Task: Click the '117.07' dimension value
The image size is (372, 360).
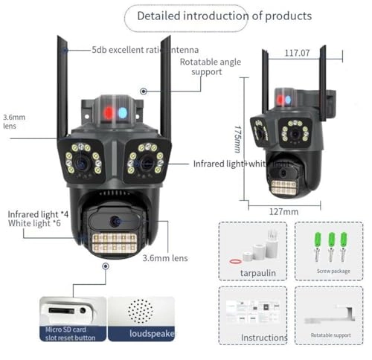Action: coord(298,54)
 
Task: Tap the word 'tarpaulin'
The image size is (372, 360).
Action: coord(257,272)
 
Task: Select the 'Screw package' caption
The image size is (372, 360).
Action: coord(330,271)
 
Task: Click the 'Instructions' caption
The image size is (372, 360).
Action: coord(264,338)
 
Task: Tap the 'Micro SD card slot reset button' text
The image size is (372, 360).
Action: coord(70,334)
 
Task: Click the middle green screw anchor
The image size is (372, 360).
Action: coord(330,240)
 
